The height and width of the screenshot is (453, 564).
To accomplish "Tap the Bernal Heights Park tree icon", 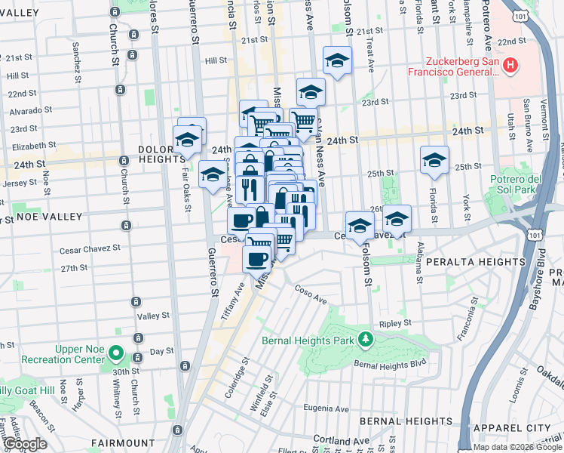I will [366, 339].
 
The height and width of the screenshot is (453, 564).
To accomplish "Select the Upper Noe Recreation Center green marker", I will [115, 353].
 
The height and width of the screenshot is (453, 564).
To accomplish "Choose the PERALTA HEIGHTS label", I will [463, 260].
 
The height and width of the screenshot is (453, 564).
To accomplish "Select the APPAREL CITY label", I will [520, 427].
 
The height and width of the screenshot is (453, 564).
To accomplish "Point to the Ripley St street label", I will [395, 322].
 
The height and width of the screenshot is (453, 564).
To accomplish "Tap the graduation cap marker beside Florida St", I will [434, 159].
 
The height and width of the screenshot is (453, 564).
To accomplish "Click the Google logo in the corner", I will [24, 445].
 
